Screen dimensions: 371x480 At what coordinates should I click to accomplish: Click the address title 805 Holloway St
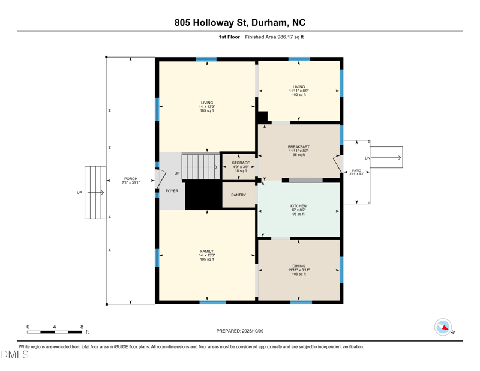(239, 23)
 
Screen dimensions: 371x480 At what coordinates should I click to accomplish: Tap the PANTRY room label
(238, 195)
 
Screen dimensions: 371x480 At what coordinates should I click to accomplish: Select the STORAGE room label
(241, 163)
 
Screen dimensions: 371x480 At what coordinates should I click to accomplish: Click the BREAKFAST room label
(298, 147)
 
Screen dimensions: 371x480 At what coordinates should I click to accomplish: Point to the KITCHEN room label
(298, 206)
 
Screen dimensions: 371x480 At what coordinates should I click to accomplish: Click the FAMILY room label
(206, 252)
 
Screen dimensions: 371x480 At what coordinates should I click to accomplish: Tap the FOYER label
(172, 191)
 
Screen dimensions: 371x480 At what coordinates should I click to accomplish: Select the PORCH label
(130, 179)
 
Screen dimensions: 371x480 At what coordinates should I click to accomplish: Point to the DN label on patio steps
(368, 158)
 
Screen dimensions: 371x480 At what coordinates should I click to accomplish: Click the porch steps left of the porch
(95, 192)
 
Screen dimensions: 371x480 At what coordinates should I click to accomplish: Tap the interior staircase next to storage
(200, 166)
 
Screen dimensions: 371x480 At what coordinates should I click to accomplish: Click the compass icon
(443, 327)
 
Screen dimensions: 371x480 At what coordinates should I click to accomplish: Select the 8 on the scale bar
(82, 327)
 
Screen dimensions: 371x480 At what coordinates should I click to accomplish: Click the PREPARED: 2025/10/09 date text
(239, 331)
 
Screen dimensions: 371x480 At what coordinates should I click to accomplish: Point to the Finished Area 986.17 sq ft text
(274, 37)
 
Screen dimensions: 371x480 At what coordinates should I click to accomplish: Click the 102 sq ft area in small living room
(298, 95)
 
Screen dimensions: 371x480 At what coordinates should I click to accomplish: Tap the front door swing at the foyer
(160, 179)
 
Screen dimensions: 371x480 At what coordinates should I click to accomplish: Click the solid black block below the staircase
(203, 195)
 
